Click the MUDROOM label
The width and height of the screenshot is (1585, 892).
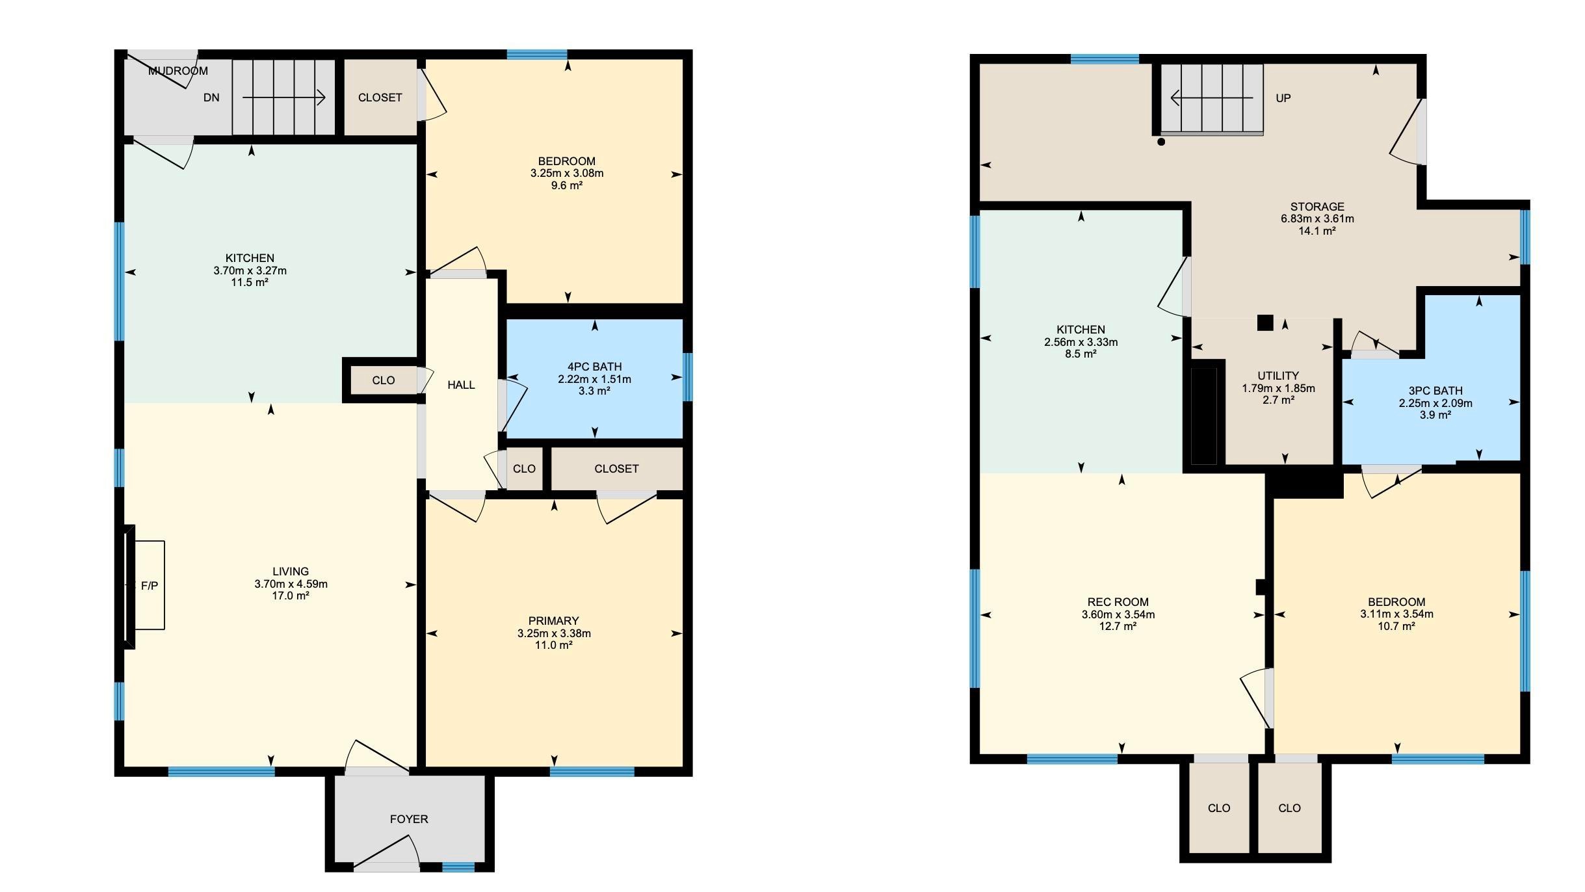point(178,71)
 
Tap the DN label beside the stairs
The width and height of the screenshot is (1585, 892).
point(211,98)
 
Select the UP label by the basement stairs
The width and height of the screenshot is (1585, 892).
point(1283,98)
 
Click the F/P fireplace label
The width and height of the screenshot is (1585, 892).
point(150,586)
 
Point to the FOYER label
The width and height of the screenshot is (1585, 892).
point(409,819)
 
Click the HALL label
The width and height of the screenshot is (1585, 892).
point(461,385)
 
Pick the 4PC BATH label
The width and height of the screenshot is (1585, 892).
point(594,367)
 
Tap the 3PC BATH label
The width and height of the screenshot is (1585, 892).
point(1435,391)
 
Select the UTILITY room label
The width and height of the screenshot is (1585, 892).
point(1278,376)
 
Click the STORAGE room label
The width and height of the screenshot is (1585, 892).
point(1317,207)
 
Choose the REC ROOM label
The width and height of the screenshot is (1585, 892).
point(1118,602)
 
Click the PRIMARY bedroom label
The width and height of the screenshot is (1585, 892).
point(554,621)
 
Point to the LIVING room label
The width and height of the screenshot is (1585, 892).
point(291,571)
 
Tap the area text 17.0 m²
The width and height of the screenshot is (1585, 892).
point(291,596)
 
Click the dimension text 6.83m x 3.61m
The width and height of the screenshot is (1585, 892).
point(1317,219)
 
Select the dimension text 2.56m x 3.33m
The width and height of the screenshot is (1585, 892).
point(1081,342)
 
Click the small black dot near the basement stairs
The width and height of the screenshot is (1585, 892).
point(1161,142)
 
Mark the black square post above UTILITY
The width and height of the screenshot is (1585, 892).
point(1265,322)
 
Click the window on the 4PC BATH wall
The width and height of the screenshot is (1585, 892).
point(688,377)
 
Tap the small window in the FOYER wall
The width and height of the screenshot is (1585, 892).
point(458,867)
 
